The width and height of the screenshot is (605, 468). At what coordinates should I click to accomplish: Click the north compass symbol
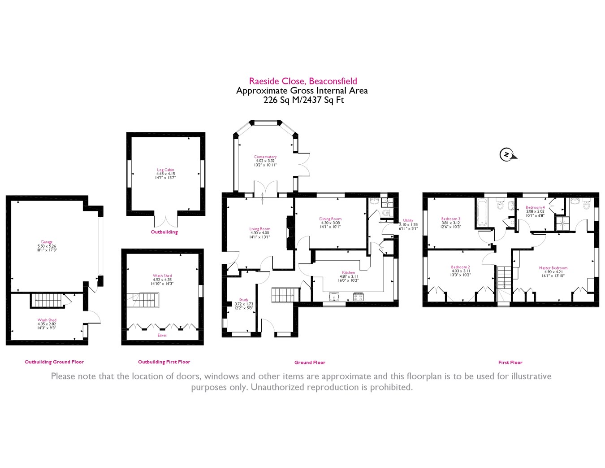tap(507, 155)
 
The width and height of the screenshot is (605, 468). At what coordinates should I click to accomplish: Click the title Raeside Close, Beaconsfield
tap(303, 81)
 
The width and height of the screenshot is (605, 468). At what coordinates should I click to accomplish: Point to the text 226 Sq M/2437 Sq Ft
tap(303, 100)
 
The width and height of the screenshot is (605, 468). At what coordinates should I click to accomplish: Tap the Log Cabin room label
tap(165, 170)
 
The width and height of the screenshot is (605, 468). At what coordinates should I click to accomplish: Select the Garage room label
tap(47, 242)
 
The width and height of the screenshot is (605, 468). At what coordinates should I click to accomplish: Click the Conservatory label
tap(265, 157)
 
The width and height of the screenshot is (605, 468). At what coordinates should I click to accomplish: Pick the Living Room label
tap(260, 229)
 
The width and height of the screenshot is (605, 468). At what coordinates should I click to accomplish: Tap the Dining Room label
tap(330, 219)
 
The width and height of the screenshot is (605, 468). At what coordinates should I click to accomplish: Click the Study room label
tap(244, 300)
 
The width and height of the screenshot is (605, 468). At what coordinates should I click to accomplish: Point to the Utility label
tap(408, 220)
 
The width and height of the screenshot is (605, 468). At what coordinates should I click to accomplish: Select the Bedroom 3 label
tap(451, 219)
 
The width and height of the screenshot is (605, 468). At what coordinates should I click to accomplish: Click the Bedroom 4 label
tap(535, 207)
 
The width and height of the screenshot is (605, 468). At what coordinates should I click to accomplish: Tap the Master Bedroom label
tap(553, 268)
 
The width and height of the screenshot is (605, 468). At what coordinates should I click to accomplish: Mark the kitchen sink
tap(334, 297)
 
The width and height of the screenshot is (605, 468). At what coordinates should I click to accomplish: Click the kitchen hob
tap(359, 297)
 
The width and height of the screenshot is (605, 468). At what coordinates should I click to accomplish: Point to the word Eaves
tap(162, 335)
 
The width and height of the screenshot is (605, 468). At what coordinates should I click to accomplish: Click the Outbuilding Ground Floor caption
tap(54, 362)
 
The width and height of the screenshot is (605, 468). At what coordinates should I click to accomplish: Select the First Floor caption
tap(510, 363)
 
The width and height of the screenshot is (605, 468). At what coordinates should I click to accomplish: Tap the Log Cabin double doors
tap(166, 221)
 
